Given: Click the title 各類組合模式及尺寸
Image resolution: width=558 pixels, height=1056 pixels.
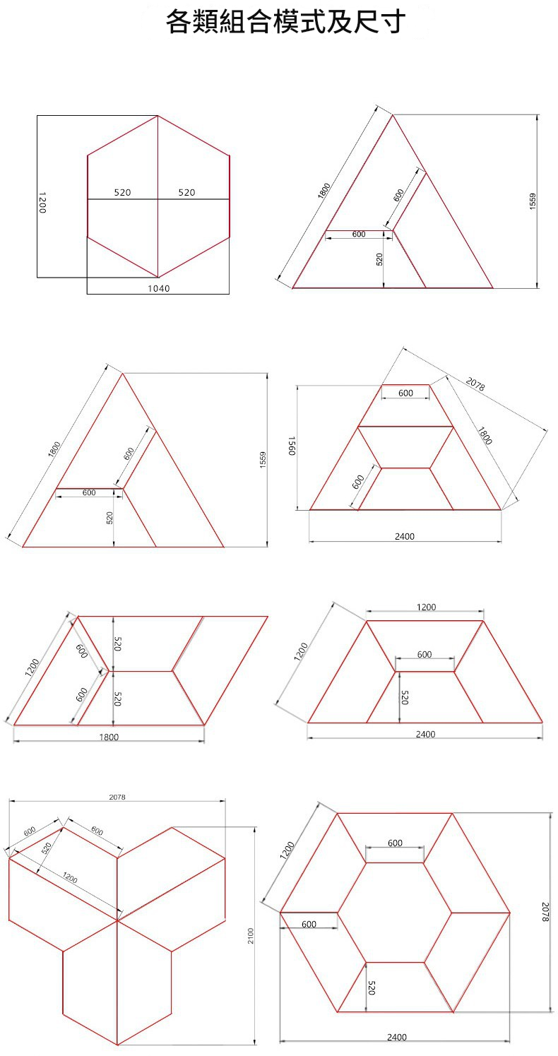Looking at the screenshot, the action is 285,22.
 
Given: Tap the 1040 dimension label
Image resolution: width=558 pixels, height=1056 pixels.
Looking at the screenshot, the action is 158,288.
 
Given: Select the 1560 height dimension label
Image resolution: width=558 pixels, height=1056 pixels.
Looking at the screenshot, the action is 292,446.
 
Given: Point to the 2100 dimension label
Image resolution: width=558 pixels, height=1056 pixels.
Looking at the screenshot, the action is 250,936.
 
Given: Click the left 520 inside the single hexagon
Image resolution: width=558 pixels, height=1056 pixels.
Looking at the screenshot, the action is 122,192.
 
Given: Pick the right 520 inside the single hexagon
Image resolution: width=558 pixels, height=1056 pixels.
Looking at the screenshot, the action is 186,192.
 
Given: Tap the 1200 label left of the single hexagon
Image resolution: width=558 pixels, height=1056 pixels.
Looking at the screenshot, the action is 42,202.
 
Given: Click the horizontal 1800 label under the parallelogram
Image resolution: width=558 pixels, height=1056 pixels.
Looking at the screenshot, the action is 109,737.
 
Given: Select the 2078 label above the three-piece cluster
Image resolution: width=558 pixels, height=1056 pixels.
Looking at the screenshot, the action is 117,797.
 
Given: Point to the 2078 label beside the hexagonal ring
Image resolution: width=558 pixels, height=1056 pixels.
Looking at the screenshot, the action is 545,912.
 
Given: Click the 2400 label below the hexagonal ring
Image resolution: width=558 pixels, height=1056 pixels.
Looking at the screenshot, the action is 397,1037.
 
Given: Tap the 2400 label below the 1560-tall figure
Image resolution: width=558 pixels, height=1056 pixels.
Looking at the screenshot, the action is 405,537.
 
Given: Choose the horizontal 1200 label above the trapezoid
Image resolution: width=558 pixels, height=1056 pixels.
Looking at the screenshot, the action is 427,607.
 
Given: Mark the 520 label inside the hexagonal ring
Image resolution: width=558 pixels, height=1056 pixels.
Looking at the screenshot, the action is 372,987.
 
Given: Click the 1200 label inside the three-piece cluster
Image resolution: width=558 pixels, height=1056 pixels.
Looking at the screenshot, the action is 70,878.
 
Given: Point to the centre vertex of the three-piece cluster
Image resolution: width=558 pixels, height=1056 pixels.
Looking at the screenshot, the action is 117,920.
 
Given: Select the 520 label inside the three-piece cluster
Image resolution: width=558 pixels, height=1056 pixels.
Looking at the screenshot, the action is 46,848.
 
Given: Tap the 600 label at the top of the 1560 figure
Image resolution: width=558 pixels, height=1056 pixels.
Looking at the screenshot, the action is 405,393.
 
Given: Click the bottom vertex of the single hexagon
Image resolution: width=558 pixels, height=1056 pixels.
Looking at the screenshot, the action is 158,277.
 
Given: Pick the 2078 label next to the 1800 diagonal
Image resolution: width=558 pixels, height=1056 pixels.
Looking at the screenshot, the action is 475,385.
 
